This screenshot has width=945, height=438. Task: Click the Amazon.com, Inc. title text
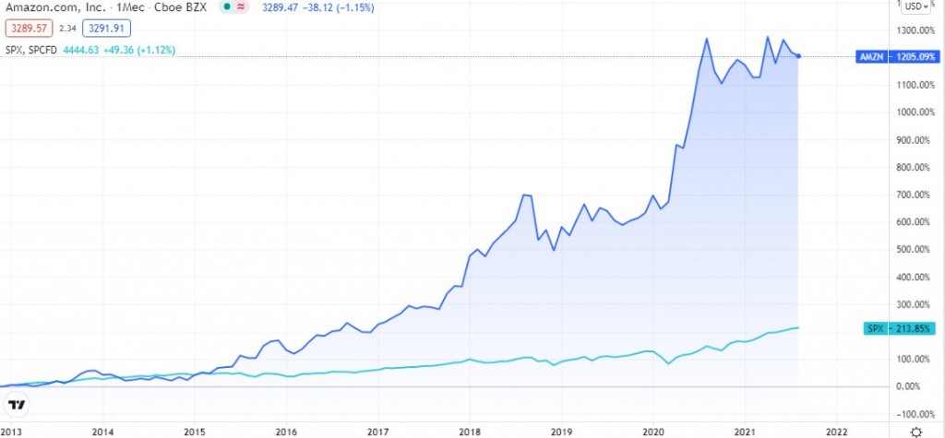46,7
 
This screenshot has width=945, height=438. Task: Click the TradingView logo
17,406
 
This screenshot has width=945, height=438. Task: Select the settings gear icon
915,430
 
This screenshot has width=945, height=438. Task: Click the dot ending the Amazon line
798,56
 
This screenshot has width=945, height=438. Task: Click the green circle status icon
226,7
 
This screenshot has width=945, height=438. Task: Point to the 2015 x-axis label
194,430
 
